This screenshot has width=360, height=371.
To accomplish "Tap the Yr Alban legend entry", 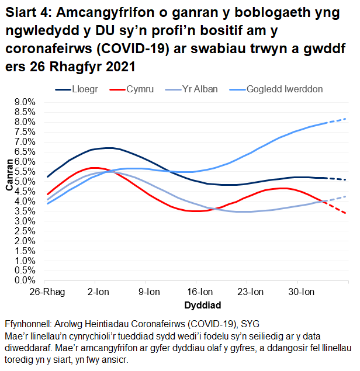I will click(x=200, y=89).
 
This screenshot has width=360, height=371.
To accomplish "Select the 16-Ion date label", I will click(x=200, y=292).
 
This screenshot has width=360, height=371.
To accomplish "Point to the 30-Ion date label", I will click(x=301, y=292).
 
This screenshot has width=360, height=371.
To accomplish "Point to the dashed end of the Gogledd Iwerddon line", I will click(x=339, y=121).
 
